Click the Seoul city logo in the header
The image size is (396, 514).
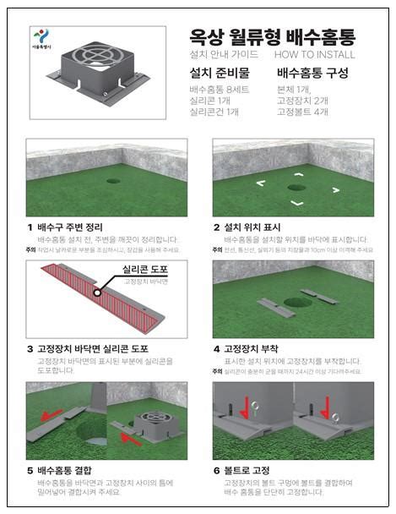40,38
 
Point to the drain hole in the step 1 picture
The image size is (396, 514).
113,181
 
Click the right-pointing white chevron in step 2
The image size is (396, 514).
336,189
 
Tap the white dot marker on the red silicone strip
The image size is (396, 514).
97,294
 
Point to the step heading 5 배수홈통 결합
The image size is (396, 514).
60,469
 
